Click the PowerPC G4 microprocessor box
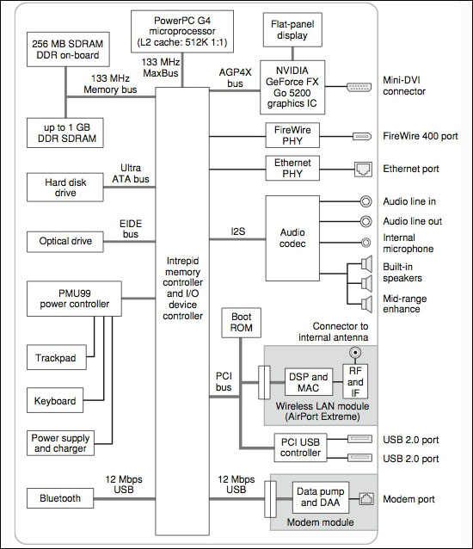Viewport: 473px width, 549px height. [182, 32]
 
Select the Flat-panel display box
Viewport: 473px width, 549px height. [292, 30]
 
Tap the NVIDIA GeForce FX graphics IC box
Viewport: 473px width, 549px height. [292, 87]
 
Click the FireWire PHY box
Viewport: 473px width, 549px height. [292, 135]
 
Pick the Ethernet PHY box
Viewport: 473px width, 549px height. [292, 168]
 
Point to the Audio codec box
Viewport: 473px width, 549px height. [292, 238]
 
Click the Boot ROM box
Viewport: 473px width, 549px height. [241, 323]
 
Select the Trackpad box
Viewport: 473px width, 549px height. [57, 357]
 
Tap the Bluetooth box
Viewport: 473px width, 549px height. [60, 498]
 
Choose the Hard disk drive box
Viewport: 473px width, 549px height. [65, 188]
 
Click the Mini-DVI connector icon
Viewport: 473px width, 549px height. [359, 87]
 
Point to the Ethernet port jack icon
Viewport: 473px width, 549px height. [363, 170]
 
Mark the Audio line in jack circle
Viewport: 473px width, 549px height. [366, 201]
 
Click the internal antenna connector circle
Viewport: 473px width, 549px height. [355, 352]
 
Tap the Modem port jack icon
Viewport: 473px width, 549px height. [366, 498]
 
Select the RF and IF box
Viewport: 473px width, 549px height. [355, 382]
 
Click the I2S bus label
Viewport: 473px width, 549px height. [238, 231]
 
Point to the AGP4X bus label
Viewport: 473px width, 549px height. [235, 77]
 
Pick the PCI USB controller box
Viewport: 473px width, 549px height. [300, 447]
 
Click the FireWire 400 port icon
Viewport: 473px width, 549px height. [362, 136]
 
